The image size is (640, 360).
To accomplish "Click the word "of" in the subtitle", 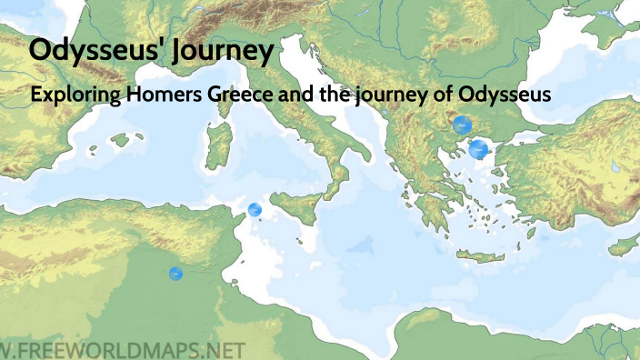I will [x=444, y=94].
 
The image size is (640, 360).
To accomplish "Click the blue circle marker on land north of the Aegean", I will [x=463, y=125].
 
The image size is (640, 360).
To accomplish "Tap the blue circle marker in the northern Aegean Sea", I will [x=478, y=149].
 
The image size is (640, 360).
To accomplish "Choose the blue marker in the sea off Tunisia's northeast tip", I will [x=255, y=210].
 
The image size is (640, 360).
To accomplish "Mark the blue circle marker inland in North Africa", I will [x=175, y=273].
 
